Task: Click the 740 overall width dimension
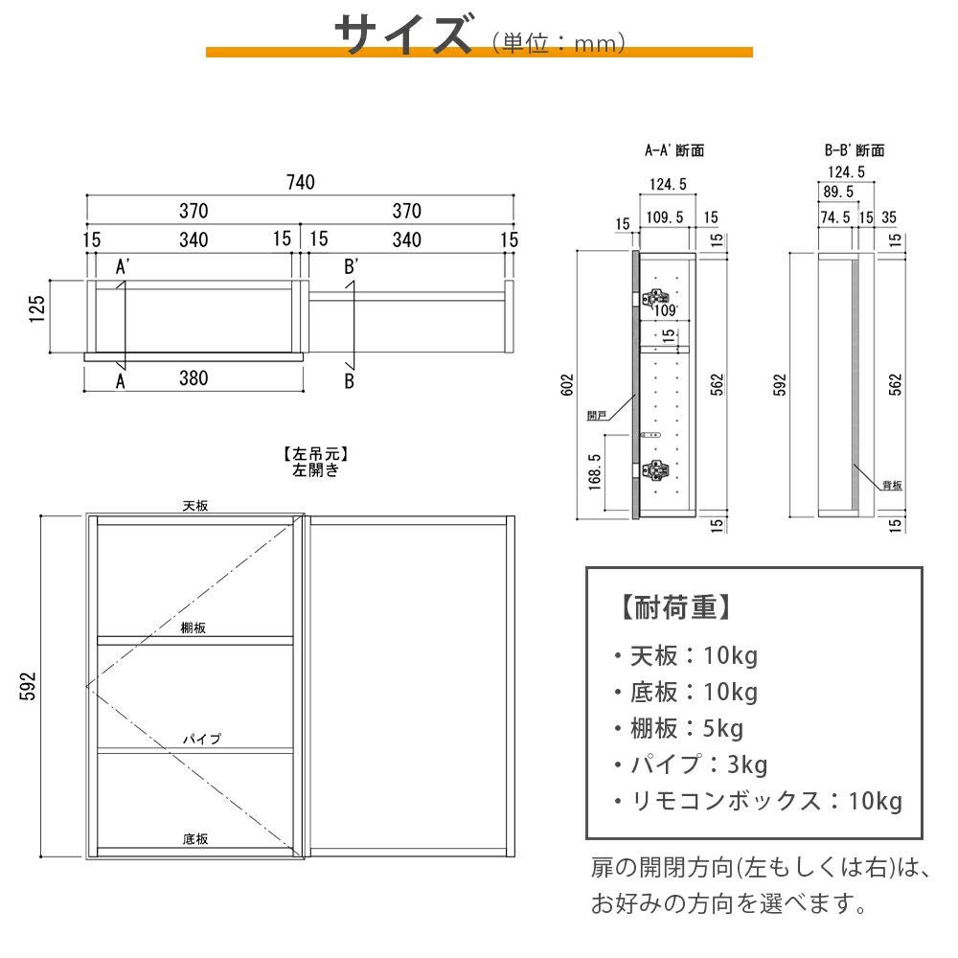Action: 301,182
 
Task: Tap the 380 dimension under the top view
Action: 194,378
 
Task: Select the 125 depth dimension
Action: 37,309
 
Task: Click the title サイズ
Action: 404,34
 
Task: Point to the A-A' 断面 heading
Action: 674,150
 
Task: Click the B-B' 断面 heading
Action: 855,150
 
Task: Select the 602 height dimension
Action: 567,385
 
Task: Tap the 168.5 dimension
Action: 595,472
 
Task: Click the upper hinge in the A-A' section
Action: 655,298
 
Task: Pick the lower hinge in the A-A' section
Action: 655,469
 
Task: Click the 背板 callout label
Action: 892,485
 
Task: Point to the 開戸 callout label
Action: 597,416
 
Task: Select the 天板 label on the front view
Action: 195,506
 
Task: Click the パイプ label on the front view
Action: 201,740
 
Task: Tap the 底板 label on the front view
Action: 195,839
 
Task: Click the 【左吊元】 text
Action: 315,454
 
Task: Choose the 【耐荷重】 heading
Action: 675,607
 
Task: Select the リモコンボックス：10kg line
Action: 758,801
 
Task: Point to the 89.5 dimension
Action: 838,192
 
